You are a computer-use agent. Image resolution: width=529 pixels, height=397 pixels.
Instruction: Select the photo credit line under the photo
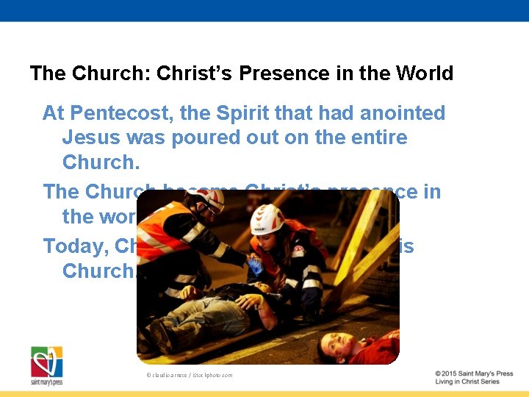[189, 375]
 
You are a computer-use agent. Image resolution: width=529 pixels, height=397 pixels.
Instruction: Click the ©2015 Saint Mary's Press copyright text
[473, 373]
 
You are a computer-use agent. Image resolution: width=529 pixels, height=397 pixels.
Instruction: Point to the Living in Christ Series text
[467, 382]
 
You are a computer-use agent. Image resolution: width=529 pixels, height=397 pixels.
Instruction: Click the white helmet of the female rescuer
[267, 218]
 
